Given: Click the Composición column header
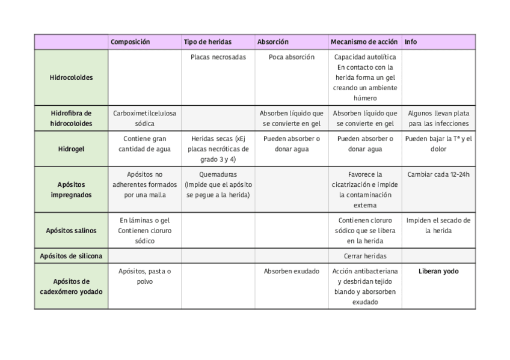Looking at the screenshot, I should (131, 42).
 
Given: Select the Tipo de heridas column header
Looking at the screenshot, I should (207, 42).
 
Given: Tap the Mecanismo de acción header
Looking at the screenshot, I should (364, 42).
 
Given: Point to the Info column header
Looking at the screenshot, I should (411, 42).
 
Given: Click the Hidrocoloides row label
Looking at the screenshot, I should (71, 78).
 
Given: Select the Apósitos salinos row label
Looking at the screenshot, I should (71, 230).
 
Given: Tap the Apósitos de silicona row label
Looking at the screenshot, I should (71, 256).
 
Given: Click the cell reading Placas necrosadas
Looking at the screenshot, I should (218, 58).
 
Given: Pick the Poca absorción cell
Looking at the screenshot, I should (291, 58).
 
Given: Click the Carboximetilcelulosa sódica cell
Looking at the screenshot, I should (144, 118).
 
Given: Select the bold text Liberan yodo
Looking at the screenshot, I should (438, 272).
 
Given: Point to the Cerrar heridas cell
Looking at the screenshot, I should (364, 256).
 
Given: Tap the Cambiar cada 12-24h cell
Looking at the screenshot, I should (438, 175).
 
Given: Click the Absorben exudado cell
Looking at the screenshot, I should (291, 272).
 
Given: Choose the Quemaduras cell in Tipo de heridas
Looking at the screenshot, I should (218, 185).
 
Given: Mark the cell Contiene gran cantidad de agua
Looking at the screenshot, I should (144, 144).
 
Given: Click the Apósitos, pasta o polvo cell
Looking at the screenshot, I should (144, 276).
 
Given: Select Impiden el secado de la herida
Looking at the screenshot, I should (438, 225).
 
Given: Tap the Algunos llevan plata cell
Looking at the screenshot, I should (438, 118).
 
